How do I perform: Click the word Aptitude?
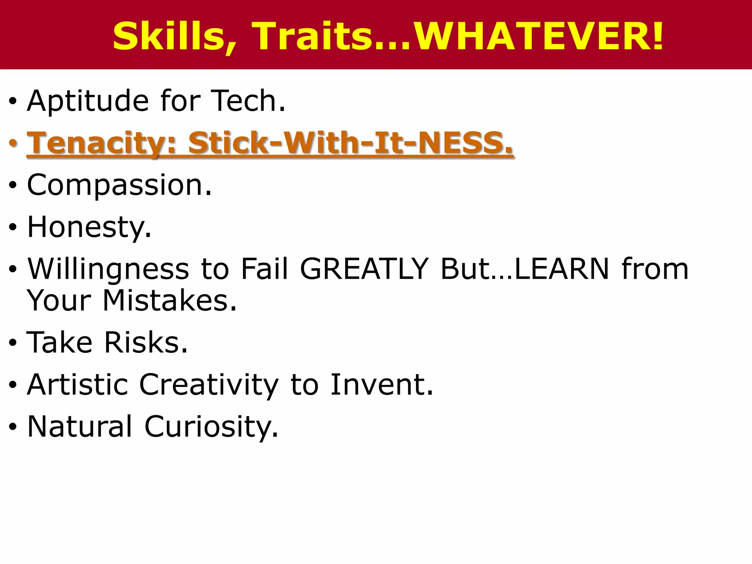pyautogui.click(x=88, y=101)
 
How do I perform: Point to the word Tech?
pyautogui.click(x=249, y=101)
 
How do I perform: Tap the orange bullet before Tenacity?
pyautogui.click(x=13, y=143)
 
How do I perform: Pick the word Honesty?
pyautogui.click(x=89, y=227)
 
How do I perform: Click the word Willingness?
pyautogui.click(x=108, y=270)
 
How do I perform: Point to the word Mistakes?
pyautogui.click(x=170, y=300)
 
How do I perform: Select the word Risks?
pyautogui.click(x=146, y=342)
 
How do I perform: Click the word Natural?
pyautogui.click(x=80, y=426)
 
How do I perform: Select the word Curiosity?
pyautogui.click(x=211, y=427)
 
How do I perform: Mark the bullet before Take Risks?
pyautogui.click(x=13, y=343)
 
